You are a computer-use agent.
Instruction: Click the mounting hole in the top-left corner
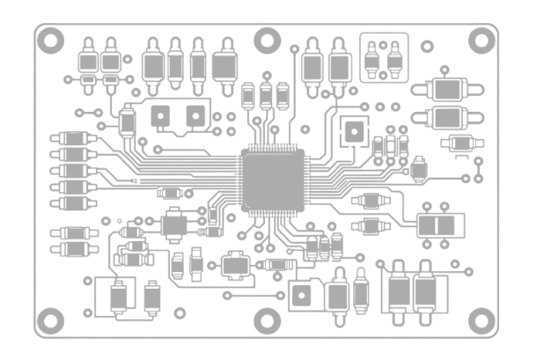pos(49,38)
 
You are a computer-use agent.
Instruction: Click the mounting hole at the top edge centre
pos(267,39)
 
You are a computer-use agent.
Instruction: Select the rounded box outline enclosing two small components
pos(385,58)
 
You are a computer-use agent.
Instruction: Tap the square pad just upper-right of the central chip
pos(354,132)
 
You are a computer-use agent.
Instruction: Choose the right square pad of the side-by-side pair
pos(195,115)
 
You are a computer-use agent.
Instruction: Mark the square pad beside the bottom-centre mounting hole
pos(301,294)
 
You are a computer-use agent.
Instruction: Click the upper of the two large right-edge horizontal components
pos(447,89)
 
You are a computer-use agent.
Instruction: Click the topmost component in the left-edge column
pos(71,139)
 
